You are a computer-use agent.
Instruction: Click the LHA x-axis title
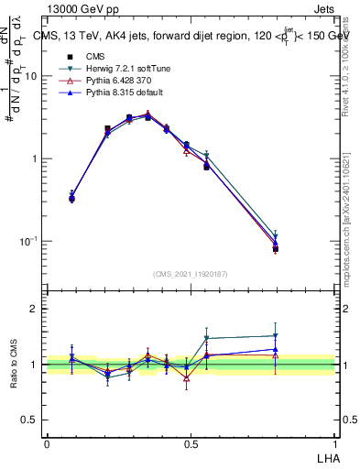click(329, 455)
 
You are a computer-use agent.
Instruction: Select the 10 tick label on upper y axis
click(30, 77)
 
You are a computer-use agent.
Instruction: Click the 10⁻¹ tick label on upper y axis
click(28, 241)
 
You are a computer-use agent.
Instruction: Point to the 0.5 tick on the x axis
click(191, 443)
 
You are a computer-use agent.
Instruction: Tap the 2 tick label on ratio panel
click(35, 309)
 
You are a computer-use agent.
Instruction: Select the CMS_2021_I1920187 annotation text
click(191, 274)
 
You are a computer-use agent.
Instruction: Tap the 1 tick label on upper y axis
click(35, 158)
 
